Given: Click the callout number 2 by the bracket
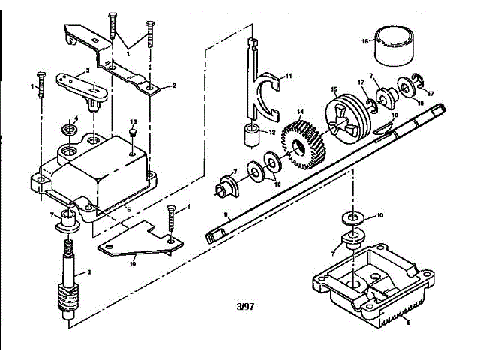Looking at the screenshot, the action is [174, 86].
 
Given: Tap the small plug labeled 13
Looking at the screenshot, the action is [132, 133].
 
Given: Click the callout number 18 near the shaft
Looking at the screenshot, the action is [394, 114].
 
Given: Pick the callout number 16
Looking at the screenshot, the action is [365, 41].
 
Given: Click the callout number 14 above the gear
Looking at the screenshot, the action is [301, 112].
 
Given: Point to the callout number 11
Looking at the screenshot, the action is [289, 75].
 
